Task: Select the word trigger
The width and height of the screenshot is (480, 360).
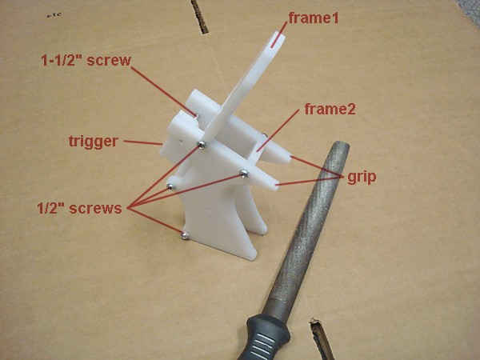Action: (94, 142)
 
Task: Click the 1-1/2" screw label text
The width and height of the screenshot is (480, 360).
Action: (86, 60)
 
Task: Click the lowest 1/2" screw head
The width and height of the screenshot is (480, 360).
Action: (185, 235)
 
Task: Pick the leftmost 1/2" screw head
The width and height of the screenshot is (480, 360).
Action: (170, 186)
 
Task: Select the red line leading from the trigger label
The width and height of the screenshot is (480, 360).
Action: (144, 143)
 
